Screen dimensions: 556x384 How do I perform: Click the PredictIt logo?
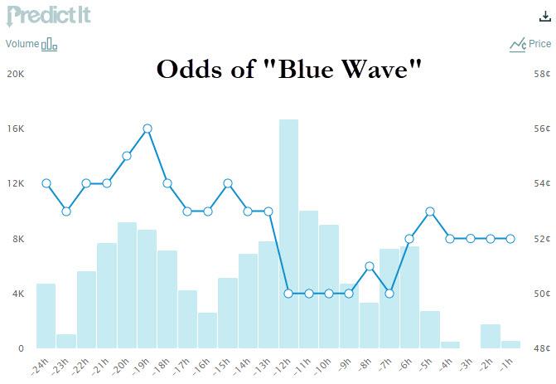49,16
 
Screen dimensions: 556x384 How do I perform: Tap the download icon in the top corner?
545,17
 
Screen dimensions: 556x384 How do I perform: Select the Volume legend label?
22,44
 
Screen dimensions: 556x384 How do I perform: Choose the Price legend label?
539,44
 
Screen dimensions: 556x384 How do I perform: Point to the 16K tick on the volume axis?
16,129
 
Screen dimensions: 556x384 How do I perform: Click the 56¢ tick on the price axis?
542,129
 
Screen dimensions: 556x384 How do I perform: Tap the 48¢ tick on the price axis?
542,348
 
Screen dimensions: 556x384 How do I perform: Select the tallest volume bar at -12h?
288,234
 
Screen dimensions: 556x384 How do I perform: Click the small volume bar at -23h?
66,341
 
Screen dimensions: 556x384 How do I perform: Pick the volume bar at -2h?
491,336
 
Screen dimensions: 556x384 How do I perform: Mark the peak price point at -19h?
147,129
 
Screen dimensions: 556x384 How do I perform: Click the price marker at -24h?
46,183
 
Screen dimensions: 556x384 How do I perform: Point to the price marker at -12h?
288,294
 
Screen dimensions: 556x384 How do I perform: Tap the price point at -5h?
430,211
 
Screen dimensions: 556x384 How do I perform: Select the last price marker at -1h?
510,239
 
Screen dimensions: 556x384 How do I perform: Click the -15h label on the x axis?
221,367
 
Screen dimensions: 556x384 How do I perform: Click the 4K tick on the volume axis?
17,294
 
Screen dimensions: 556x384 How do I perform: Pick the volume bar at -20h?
127,285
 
